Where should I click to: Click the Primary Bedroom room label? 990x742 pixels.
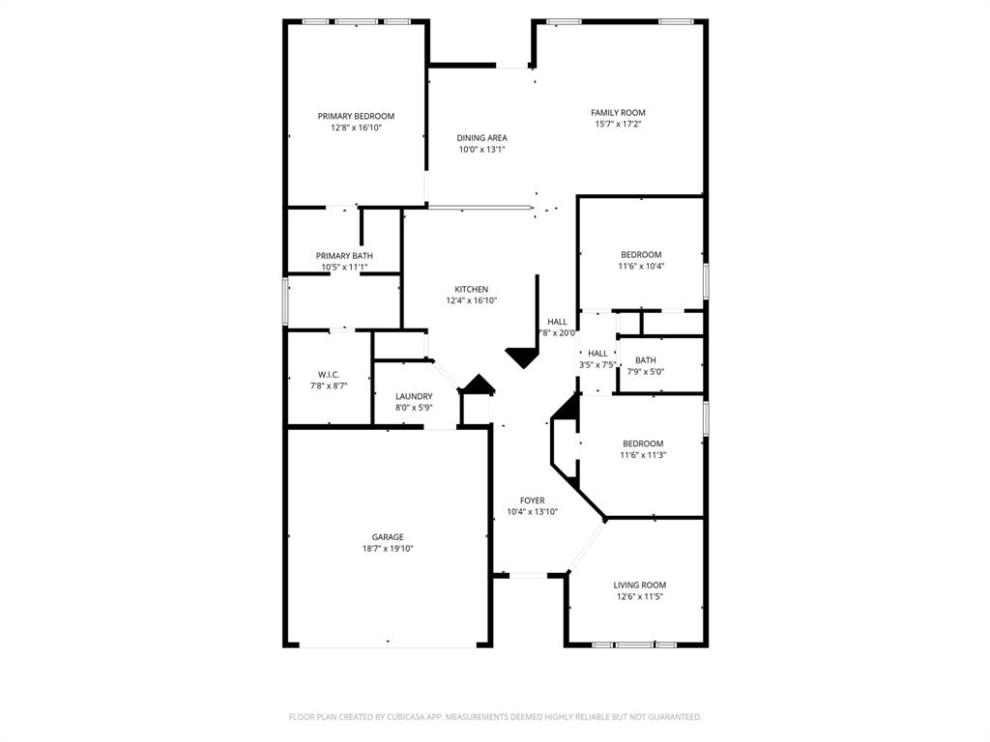pos(356,116)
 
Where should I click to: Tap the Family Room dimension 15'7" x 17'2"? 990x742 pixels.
pos(618,125)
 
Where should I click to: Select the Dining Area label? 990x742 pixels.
pos(481,138)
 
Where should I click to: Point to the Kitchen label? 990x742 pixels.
pos(472,289)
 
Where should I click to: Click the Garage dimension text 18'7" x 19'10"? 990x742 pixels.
pos(388,549)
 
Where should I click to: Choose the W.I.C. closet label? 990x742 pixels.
pos(328,374)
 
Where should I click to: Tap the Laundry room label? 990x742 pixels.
pos(414,396)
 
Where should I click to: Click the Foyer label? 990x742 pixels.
pos(532,500)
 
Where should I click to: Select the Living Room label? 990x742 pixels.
pos(639,585)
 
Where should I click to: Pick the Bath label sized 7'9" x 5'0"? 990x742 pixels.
pos(645,360)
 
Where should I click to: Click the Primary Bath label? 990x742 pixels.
pos(343,255)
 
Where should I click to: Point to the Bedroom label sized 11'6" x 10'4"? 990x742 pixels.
pos(641,254)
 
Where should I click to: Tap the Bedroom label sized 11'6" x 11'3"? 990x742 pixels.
pos(643,443)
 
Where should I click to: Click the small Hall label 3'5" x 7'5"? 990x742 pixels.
pos(597,354)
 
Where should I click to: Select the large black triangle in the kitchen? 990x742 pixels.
pos(523,357)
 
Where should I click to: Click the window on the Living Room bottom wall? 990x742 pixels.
pos(634,644)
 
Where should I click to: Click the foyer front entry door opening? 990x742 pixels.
pos(528,576)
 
